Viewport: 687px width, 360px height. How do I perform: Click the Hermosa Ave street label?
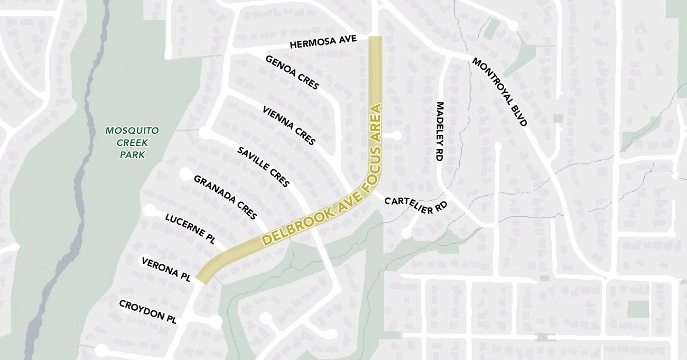[x=323, y=42]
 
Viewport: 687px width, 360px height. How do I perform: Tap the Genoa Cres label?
[x=292, y=72]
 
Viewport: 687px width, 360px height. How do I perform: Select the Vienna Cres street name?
[x=289, y=125]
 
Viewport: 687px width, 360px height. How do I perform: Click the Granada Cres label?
[x=225, y=197]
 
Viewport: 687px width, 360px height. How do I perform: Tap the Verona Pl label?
[x=165, y=269]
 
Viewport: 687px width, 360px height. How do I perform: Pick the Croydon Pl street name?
[x=147, y=312]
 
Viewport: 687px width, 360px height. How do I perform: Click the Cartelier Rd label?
[x=416, y=205]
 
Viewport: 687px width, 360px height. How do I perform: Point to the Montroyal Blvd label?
[x=499, y=92]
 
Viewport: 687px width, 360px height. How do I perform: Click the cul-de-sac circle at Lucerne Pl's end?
[x=150, y=210]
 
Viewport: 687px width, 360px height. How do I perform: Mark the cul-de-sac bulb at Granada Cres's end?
[x=185, y=174]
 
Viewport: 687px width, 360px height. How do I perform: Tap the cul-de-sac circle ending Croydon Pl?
[x=216, y=320]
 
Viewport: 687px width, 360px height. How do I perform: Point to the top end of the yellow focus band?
[x=375, y=39]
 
